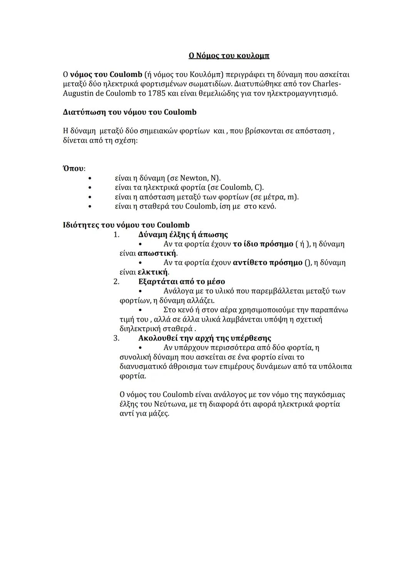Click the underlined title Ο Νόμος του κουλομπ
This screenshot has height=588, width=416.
click(229, 56)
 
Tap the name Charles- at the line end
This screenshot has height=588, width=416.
click(327, 84)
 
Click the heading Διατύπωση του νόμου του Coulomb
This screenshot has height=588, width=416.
click(129, 112)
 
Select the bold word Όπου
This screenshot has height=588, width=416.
click(73, 168)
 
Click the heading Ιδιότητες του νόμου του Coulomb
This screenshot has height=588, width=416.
click(126, 225)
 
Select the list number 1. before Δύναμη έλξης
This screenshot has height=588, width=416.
click(116, 235)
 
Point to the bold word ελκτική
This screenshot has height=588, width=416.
click(153, 272)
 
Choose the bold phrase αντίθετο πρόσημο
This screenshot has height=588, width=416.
click(268, 263)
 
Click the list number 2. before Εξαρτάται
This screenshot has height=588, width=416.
click(116, 281)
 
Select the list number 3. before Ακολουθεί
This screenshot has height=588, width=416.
click(116, 338)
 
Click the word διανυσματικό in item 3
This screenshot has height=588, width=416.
click(143, 366)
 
